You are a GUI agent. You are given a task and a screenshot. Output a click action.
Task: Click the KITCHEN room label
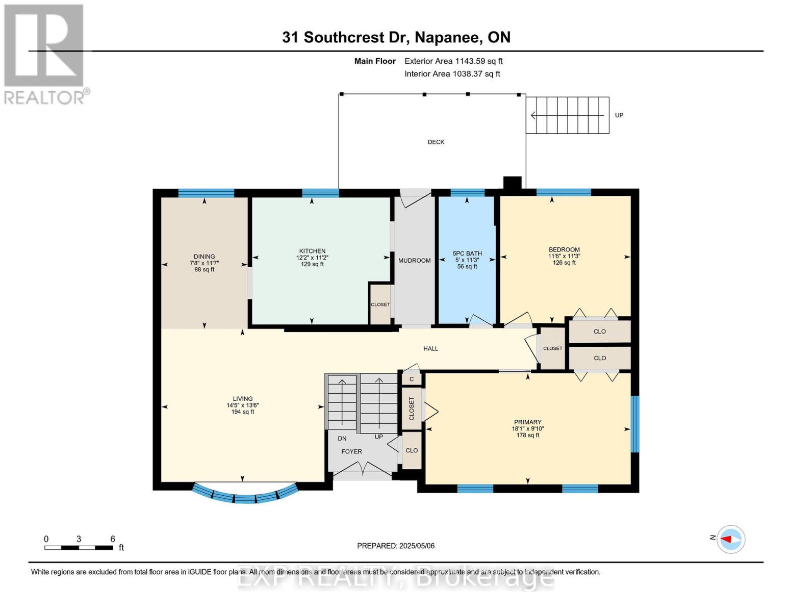click(x=312, y=251)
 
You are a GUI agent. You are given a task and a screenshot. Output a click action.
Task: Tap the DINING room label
click(x=204, y=257)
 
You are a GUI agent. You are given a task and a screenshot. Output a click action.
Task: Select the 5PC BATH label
click(x=467, y=253)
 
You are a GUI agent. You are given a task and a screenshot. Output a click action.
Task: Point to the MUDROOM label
click(x=414, y=261)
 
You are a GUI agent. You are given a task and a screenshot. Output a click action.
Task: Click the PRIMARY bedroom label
click(x=527, y=422)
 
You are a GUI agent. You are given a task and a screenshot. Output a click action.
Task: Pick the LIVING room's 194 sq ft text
click(x=243, y=412)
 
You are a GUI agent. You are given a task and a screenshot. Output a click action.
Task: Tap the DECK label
click(x=436, y=142)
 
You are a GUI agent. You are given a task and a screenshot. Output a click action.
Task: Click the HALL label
click(x=430, y=349)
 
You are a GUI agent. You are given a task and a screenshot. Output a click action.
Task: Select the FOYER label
click(x=351, y=451)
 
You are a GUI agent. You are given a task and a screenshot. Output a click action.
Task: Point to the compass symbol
click(x=731, y=539)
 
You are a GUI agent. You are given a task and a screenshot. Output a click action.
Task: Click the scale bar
click(x=79, y=548)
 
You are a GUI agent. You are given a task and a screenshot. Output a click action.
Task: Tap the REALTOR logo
click(x=45, y=54)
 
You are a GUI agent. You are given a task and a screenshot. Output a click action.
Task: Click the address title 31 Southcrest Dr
click(x=396, y=37)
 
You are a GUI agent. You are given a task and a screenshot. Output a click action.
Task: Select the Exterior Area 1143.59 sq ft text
click(x=453, y=61)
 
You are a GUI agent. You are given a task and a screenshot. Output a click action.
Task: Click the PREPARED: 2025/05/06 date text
click(x=396, y=546)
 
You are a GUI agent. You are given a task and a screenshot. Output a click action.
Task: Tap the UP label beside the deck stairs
click(x=619, y=115)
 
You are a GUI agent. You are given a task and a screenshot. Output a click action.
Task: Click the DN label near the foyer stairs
click(x=342, y=438)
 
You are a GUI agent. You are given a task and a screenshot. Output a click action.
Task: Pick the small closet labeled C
click(x=412, y=379)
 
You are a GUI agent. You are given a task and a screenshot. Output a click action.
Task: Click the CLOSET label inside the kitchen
click(x=380, y=304)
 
